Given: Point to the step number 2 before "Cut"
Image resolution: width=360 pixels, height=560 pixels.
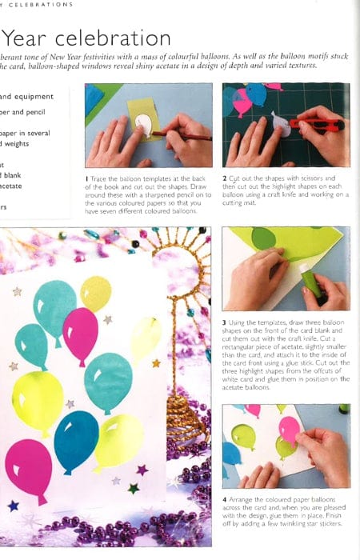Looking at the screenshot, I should coord(225,177).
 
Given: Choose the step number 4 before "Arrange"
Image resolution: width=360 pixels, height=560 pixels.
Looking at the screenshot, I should coord(225,500).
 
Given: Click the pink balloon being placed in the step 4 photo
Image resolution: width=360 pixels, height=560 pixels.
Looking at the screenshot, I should coord(289,430).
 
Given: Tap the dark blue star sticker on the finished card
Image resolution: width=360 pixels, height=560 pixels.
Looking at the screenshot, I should coord(13,506).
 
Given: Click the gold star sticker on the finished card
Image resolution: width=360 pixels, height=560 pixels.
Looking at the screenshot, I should coord(156,363).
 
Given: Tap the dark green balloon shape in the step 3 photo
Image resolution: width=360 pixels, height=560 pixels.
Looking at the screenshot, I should coord(263,238).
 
